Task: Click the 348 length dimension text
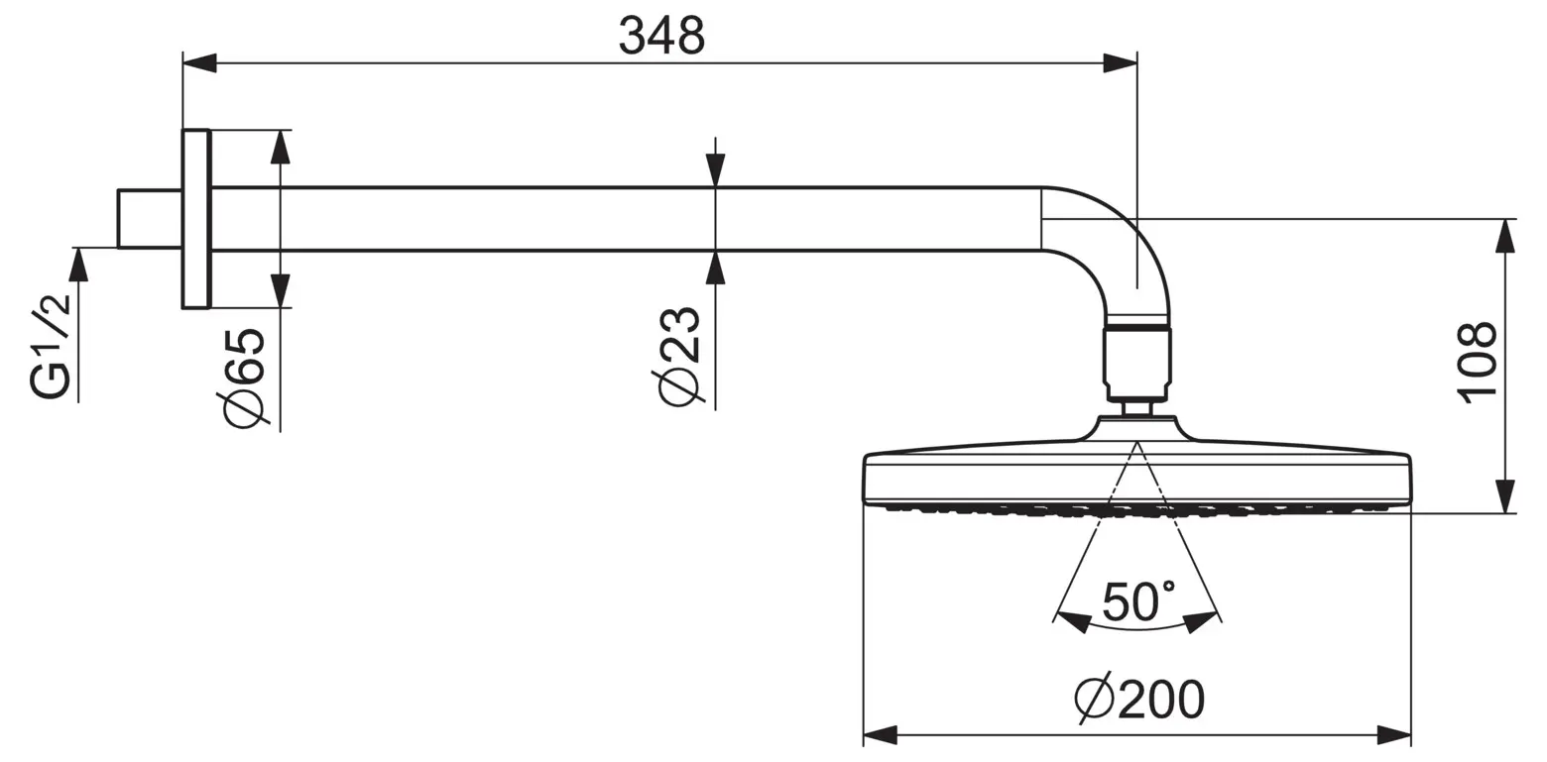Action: (x=661, y=35)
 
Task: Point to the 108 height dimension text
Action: (x=1477, y=362)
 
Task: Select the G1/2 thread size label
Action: (x=50, y=352)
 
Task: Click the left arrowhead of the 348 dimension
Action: (x=199, y=63)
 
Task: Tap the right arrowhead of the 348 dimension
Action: (x=1120, y=63)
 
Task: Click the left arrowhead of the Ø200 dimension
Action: (x=881, y=735)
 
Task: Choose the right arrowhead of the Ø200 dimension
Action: (x=1393, y=735)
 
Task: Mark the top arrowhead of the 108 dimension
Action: (x=1505, y=236)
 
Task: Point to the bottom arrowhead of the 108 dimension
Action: (x=1505, y=496)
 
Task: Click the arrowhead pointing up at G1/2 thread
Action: (x=78, y=265)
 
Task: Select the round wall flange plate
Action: (x=195, y=219)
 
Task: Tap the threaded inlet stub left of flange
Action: (x=150, y=219)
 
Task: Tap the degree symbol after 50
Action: (x=1169, y=586)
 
